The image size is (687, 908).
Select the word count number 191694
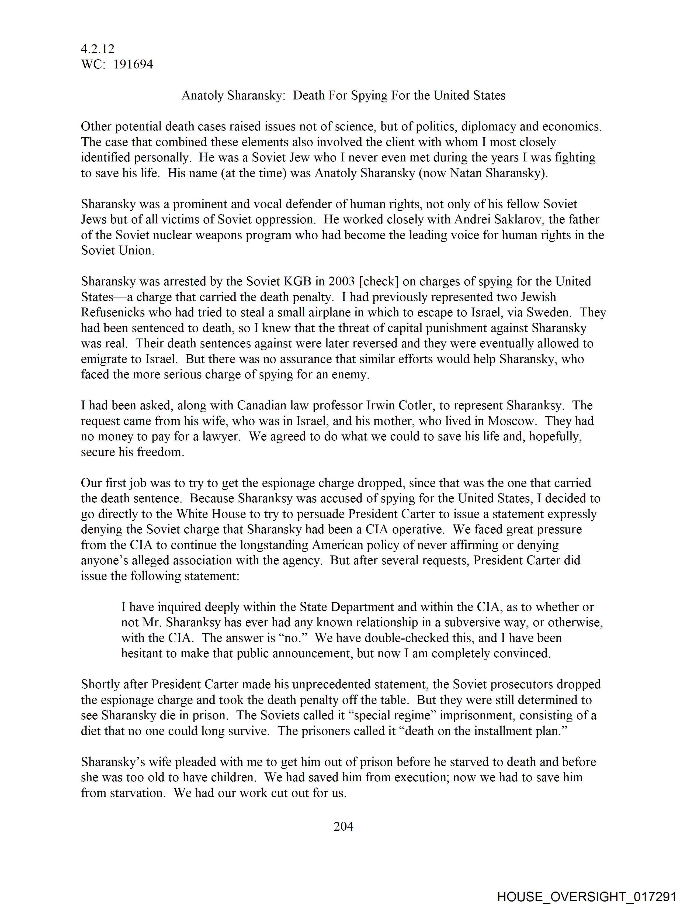[133, 64]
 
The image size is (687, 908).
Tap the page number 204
[343, 826]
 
